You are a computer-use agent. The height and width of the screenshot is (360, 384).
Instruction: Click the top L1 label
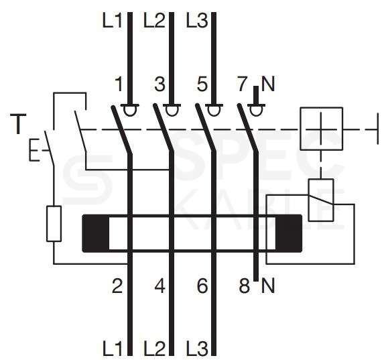112,21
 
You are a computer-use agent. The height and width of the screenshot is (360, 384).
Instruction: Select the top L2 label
154,21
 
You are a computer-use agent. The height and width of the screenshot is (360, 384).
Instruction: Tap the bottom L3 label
197,348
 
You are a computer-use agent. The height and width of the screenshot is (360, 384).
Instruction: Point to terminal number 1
119,84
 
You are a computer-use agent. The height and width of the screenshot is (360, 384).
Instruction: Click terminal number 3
160,84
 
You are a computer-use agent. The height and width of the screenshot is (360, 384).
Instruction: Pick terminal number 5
202,84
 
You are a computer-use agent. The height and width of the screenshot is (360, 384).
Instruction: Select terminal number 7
243,84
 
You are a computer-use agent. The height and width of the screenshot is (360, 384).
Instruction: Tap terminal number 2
117,286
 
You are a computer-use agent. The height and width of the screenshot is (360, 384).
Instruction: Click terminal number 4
160,286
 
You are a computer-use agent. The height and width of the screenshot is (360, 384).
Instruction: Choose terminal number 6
202,286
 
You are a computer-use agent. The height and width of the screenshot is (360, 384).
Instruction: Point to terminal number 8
245,286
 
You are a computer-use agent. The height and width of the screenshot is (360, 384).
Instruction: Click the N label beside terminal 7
268,84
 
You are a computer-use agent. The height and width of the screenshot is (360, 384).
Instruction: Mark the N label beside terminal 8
268,286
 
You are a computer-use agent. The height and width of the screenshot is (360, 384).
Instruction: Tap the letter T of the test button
18,124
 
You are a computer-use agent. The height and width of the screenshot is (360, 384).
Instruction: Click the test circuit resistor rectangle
54,224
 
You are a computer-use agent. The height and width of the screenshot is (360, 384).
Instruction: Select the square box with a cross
321,129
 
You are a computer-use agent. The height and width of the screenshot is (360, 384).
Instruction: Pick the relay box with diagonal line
321,200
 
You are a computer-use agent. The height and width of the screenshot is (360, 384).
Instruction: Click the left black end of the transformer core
96,233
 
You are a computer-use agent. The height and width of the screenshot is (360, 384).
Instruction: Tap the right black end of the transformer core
289,233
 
